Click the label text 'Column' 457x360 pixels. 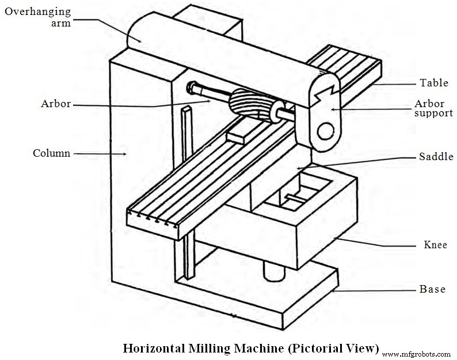[x=51, y=153]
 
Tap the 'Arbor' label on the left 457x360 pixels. [x=56, y=104]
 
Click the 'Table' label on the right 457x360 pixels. [x=433, y=83]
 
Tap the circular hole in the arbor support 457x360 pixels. [x=326, y=131]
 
